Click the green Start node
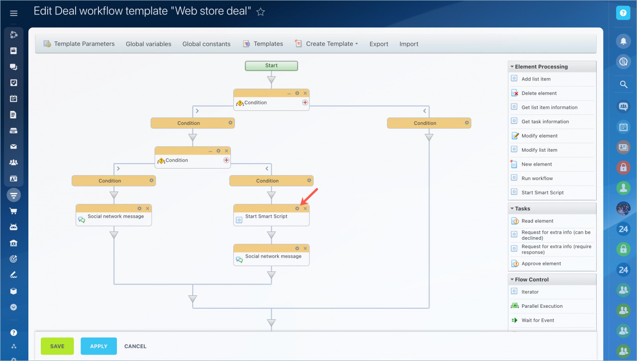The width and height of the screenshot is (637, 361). (x=271, y=66)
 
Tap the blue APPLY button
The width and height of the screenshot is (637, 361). (x=99, y=346)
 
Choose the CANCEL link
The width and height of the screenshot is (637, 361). (x=135, y=346)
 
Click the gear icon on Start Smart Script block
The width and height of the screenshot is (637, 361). (x=297, y=208)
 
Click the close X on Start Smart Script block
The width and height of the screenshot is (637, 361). (x=305, y=208)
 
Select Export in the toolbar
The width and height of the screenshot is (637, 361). (x=379, y=44)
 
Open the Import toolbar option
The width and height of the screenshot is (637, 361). (x=409, y=44)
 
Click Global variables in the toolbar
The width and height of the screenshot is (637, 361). (x=148, y=44)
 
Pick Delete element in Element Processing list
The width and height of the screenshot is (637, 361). (x=539, y=93)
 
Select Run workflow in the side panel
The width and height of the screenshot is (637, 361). (x=537, y=178)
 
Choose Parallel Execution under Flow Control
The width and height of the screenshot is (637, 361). (x=542, y=306)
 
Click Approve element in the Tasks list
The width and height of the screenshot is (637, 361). (x=541, y=264)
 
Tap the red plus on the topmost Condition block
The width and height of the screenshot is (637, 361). (x=305, y=102)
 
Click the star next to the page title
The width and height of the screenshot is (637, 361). (x=260, y=11)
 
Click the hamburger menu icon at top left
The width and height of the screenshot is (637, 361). (x=13, y=13)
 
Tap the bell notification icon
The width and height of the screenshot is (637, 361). (x=624, y=41)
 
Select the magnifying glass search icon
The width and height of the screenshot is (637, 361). (x=624, y=85)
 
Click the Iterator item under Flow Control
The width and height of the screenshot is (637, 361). (x=530, y=292)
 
